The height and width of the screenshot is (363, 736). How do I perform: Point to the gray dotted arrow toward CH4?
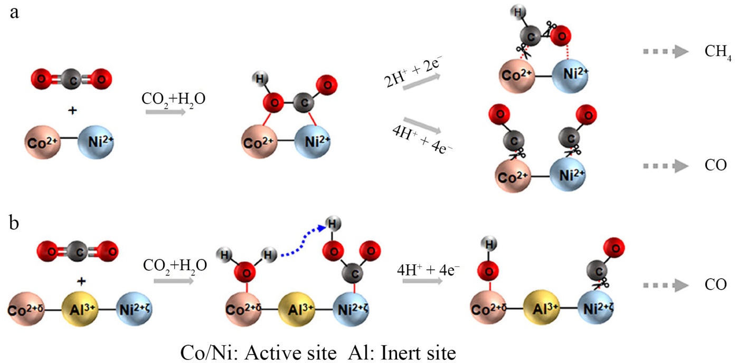click(665, 52)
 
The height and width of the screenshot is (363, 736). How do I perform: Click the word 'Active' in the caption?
click(267, 351)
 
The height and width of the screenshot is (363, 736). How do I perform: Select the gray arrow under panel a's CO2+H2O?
click(165, 111)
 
